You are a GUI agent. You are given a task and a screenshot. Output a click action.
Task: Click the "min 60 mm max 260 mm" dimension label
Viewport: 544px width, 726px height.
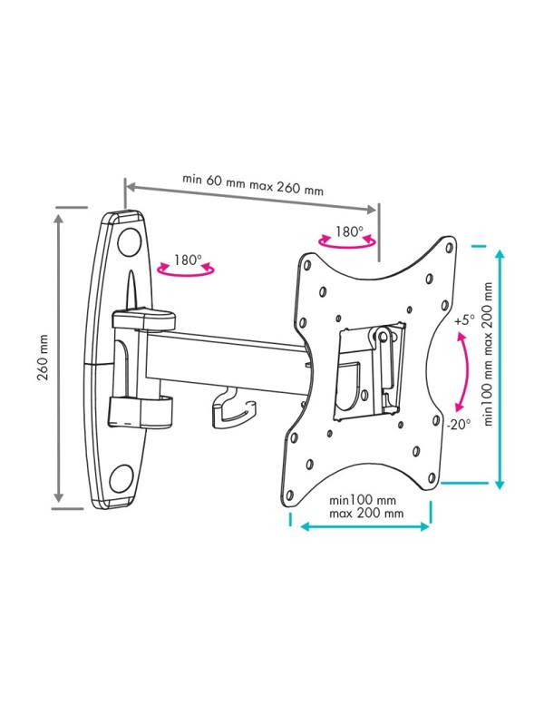(253, 184)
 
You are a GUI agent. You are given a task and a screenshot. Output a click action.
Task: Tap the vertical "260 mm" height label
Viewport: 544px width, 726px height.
(43, 358)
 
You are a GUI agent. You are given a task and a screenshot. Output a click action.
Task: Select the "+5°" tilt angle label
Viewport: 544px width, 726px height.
(464, 320)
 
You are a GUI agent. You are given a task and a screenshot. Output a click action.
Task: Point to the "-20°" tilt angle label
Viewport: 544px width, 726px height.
(459, 424)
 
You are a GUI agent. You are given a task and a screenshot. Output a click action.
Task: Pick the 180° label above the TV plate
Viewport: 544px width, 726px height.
(349, 231)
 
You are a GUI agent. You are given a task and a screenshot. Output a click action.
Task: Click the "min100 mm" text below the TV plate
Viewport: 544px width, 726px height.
(363, 500)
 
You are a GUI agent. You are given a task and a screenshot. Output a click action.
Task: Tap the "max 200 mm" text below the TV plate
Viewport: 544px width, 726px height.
(366, 514)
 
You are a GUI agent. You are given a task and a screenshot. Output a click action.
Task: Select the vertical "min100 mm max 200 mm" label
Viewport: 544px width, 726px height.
(488, 354)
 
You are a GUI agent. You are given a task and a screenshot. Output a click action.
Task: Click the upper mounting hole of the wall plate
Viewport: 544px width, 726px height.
(130, 241)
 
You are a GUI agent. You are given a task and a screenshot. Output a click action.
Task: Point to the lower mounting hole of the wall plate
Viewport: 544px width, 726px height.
(121, 479)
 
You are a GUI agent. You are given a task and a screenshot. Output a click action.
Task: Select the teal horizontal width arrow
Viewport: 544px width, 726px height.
(365, 526)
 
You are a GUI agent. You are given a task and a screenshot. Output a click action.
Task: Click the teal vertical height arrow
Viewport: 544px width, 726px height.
(500, 369)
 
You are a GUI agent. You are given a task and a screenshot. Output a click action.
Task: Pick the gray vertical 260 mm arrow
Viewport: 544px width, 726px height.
(58, 358)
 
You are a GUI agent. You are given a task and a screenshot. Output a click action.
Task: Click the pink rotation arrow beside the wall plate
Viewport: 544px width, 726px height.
(186, 269)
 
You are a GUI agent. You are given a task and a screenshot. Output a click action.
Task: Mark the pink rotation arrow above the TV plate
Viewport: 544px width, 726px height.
(347, 241)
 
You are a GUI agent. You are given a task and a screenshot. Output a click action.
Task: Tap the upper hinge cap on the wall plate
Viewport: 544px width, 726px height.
(144, 320)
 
